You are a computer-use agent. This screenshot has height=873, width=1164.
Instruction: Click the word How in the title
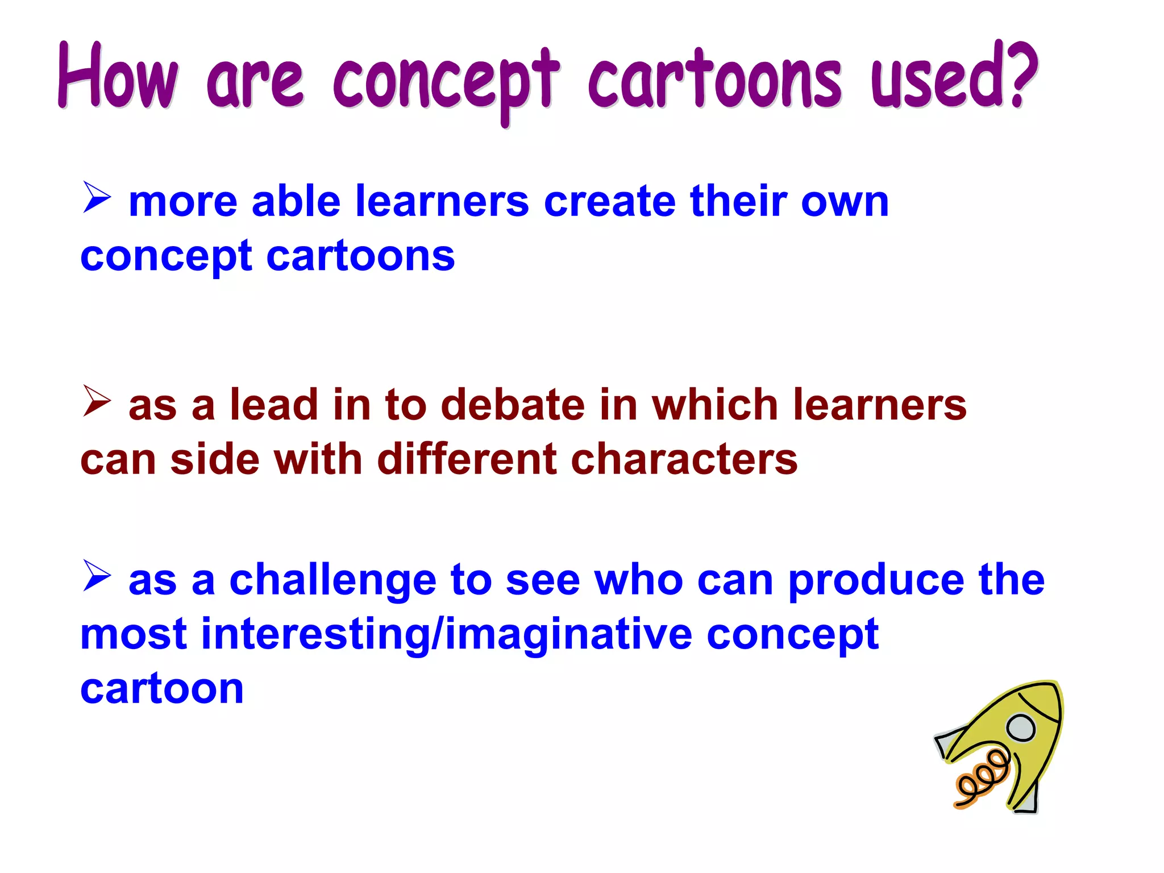[x=118, y=77]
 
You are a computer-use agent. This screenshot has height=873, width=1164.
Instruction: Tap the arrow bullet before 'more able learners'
[x=97, y=197]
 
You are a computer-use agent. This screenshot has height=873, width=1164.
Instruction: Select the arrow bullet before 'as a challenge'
[x=97, y=575]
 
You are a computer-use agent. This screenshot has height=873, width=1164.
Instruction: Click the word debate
[x=513, y=405]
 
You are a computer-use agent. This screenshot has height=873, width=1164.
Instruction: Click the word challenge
[x=333, y=581]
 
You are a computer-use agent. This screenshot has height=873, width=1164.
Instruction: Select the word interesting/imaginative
[x=447, y=634]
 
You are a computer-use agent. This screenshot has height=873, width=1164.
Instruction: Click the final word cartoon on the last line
[x=162, y=689]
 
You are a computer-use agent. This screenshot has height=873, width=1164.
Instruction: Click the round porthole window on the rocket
[x=1021, y=727]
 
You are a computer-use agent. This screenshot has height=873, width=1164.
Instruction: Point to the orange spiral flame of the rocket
[x=982, y=779]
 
